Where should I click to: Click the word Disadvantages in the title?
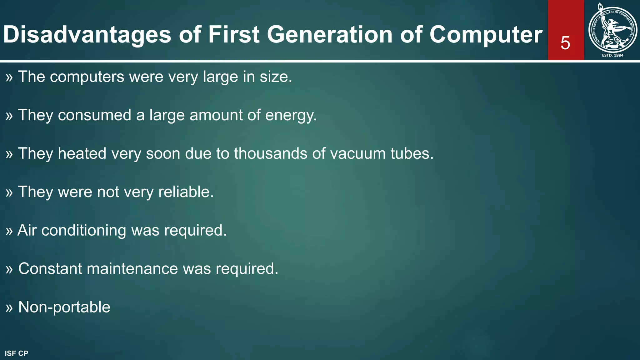(87, 34)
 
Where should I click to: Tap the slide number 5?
(565, 43)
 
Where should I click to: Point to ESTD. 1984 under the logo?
(612, 55)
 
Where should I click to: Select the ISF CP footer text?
(17, 353)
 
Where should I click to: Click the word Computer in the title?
(486, 34)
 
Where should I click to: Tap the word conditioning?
(84, 230)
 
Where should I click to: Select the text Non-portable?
(64, 307)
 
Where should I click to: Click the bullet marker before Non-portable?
(9, 308)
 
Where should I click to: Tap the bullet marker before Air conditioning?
(9, 231)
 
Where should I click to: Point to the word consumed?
(94, 115)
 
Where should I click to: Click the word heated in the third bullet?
(82, 153)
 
